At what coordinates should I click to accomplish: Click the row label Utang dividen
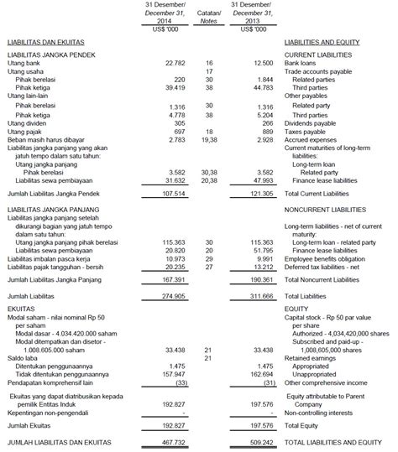pos(26,122)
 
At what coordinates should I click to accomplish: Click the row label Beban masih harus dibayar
pos(45,138)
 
